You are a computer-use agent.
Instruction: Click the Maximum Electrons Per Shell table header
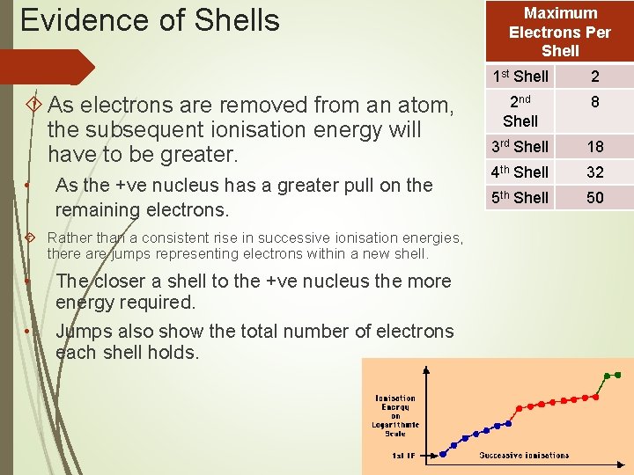coord(560,32)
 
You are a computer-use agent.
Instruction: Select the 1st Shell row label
coord(520,77)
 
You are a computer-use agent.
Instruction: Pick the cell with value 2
coord(595,77)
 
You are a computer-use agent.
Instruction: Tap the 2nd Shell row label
coord(520,111)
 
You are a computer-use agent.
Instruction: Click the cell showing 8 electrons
coord(595,103)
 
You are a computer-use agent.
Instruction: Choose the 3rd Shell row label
coord(520,146)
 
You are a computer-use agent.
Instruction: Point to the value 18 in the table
coord(595,146)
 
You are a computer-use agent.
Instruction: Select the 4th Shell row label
coord(520,172)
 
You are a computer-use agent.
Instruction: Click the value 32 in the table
coord(595,172)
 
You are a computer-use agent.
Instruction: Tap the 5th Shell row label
coord(520,197)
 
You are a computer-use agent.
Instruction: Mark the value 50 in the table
coord(595,197)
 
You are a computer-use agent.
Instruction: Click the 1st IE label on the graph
coord(406,456)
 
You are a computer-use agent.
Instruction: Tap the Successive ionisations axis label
coord(524,456)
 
